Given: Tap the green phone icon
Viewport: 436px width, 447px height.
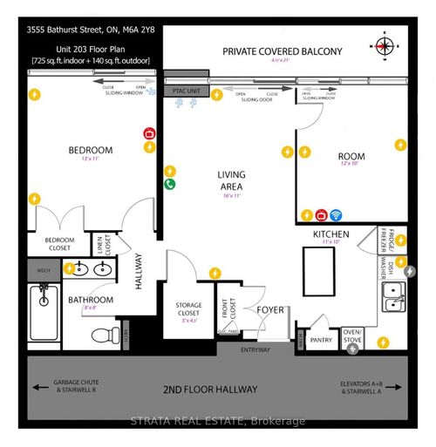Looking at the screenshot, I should tap(170, 185).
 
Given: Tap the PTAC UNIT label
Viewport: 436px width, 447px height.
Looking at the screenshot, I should tap(185, 90).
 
